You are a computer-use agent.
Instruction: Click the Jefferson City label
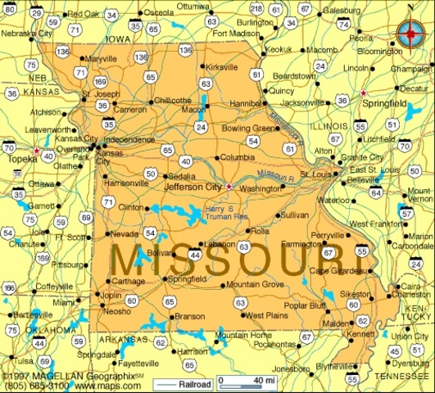(194, 187)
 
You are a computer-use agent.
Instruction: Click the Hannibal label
(244, 104)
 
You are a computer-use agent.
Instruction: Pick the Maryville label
(101, 59)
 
